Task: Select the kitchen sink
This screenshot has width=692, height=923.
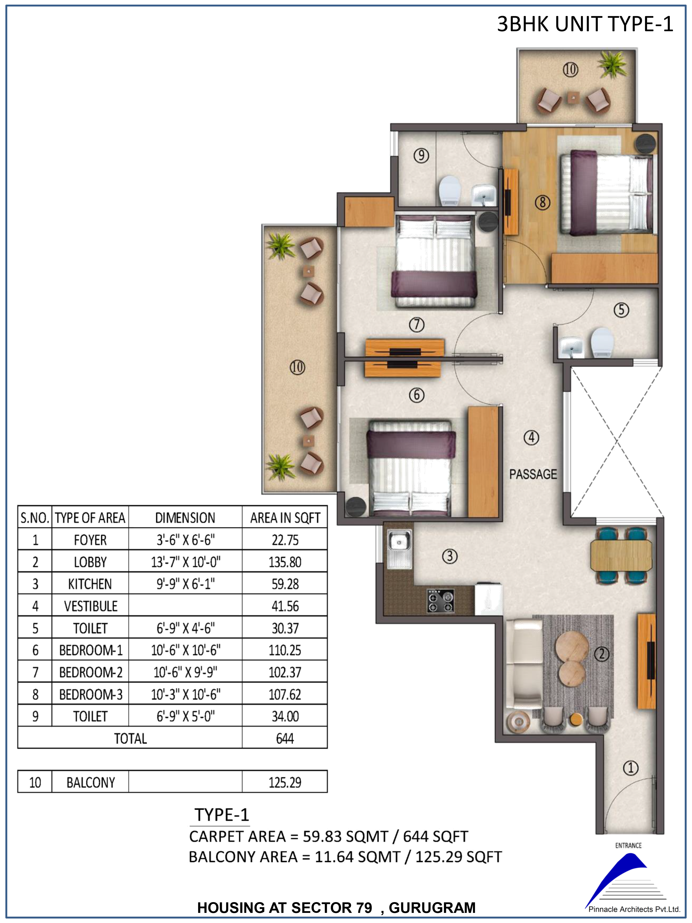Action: click(x=399, y=549)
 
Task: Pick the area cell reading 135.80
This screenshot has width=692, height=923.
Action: click(x=285, y=562)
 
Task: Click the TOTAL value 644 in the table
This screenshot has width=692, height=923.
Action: click(x=285, y=739)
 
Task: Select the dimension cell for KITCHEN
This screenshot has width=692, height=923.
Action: click(x=186, y=584)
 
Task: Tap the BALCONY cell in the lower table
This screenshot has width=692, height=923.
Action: click(x=91, y=782)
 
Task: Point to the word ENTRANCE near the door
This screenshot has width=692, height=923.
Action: click(x=628, y=845)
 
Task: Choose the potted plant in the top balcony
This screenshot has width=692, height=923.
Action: click(x=612, y=64)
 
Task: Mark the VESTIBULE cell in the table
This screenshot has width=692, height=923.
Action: click(x=91, y=606)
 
